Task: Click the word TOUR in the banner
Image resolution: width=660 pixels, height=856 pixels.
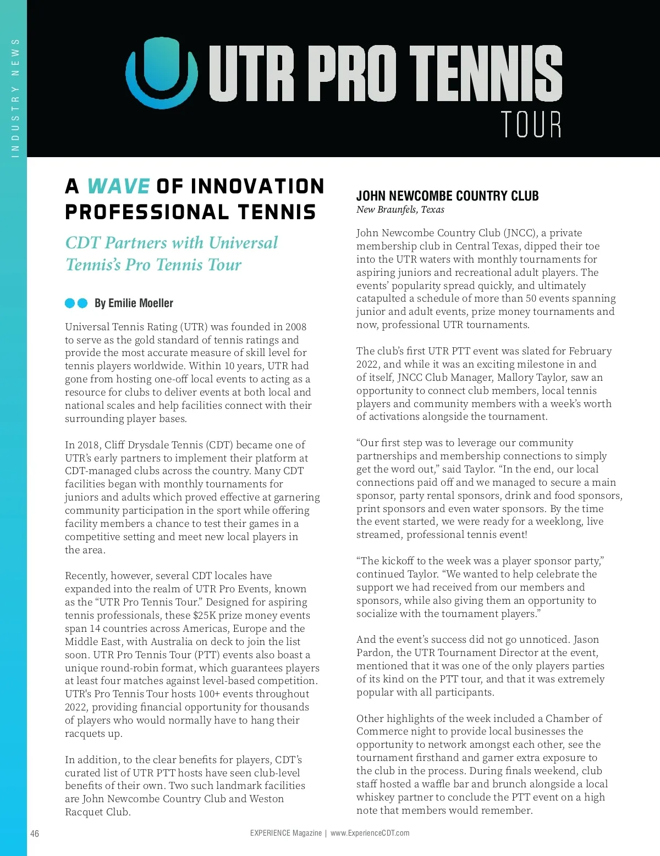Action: point(531,124)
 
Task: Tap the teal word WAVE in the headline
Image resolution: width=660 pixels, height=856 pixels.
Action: point(118,186)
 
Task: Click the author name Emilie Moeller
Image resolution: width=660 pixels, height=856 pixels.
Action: point(141,303)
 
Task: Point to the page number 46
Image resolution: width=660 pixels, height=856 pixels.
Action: point(35,833)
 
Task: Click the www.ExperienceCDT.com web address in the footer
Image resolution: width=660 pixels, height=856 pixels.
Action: point(370,833)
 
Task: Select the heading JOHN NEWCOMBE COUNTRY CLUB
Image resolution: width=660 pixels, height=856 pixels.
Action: point(447,196)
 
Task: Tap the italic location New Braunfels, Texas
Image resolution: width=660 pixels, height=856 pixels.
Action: point(400,209)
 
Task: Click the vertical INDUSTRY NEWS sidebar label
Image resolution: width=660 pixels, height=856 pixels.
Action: point(15,98)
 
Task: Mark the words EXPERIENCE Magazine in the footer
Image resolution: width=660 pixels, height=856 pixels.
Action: point(285,833)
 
